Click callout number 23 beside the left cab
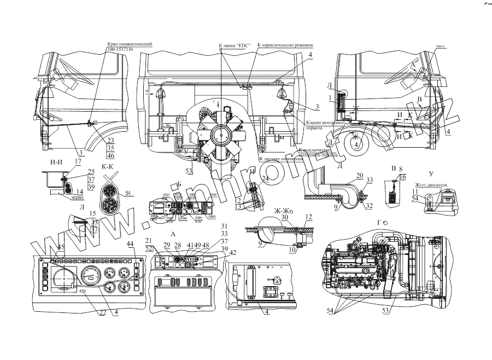pos(111,140)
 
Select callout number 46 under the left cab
pos(111,156)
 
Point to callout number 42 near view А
pos(233,252)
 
